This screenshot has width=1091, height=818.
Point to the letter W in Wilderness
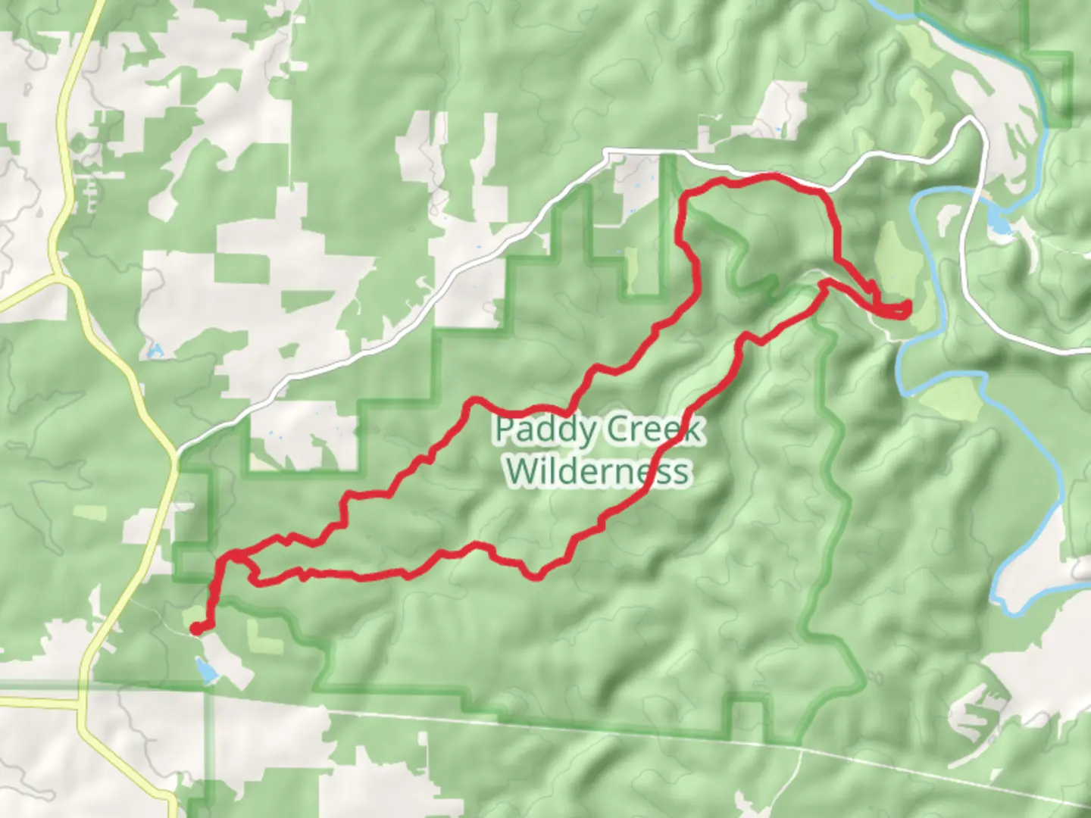[521, 471]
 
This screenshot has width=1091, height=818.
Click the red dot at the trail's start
[195, 628]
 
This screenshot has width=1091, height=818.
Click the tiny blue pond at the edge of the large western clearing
[155, 351]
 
